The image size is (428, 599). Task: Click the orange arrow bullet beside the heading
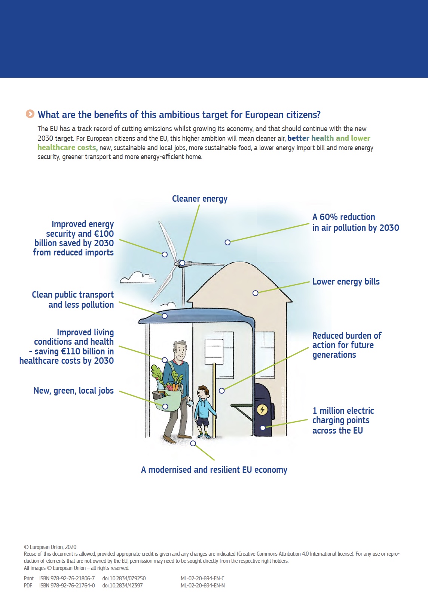click(x=30, y=114)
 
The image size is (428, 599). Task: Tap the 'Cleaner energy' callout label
click(x=199, y=199)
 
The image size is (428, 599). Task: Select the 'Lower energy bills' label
click(x=346, y=282)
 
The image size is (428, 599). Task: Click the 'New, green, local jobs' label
click(x=74, y=391)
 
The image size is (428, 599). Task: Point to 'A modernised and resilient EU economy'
click(x=214, y=470)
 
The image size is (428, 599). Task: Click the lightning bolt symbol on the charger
click(x=262, y=409)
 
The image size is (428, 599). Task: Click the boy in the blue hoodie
click(x=203, y=411)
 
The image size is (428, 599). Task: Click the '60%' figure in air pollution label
click(x=328, y=217)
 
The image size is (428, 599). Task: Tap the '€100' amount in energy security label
click(x=104, y=234)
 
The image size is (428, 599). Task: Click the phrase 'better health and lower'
click(x=328, y=138)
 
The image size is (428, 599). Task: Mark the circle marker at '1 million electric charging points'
click(x=263, y=428)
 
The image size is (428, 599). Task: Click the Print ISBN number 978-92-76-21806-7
click(x=67, y=578)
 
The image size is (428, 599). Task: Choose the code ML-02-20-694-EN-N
click(x=202, y=586)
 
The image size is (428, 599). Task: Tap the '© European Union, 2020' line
click(x=50, y=547)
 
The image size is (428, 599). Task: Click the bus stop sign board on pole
click(x=214, y=351)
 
